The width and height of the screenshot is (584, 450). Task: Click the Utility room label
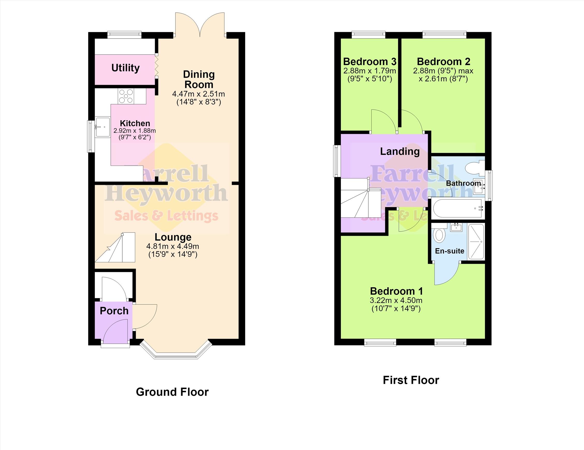pyautogui.click(x=125, y=68)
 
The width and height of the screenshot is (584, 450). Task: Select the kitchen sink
pyautogui.click(x=103, y=127)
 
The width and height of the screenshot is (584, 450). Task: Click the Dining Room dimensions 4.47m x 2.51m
pyautogui.click(x=199, y=94)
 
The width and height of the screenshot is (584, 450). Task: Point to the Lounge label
pyautogui.click(x=173, y=237)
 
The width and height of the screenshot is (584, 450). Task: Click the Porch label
pyautogui.click(x=114, y=311)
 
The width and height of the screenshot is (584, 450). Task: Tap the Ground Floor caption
pyautogui.click(x=172, y=392)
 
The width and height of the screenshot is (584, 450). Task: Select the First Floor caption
pyautogui.click(x=411, y=380)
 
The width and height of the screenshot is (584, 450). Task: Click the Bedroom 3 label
pyautogui.click(x=370, y=62)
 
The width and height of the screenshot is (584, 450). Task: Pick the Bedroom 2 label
pyautogui.click(x=444, y=62)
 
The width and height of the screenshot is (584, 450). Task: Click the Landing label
pyautogui.click(x=400, y=152)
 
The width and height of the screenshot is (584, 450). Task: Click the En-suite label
pyautogui.click(x=450, y=251)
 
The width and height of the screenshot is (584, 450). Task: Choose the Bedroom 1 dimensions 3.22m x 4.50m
pyautogui.click(x=396, y=300)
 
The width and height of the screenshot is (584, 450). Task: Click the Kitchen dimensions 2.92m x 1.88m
pyautogui.click(x=135, y=131)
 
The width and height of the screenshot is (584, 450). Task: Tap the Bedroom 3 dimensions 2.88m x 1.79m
pyautogui.click(x=370, y=71)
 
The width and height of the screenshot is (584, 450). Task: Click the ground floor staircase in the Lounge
pyautogui.click(x=115, y=248)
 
